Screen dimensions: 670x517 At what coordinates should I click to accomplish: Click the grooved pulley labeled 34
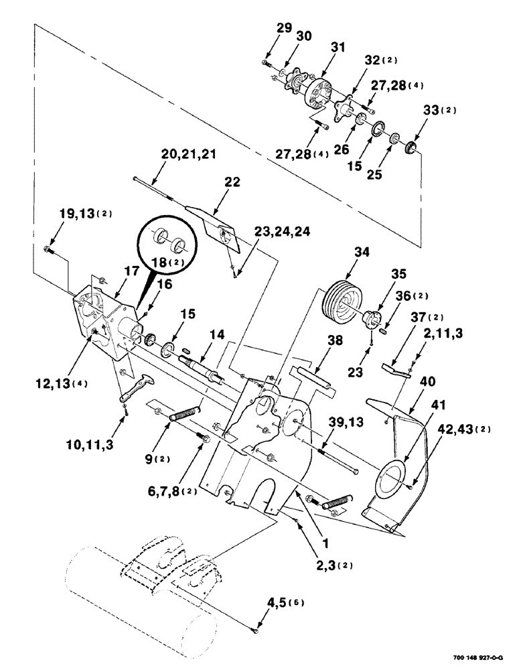(342, 301)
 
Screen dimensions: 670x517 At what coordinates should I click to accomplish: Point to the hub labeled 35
(372, 318)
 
